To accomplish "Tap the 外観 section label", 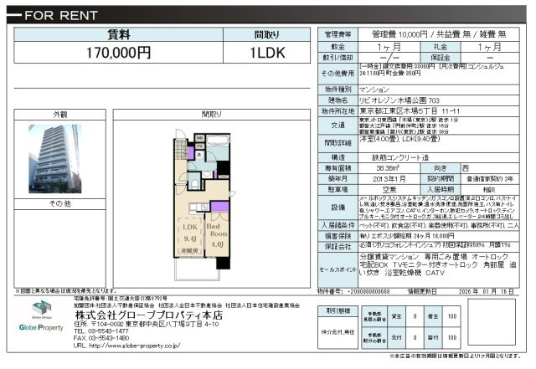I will [60, 113].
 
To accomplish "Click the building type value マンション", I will [374, 89].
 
